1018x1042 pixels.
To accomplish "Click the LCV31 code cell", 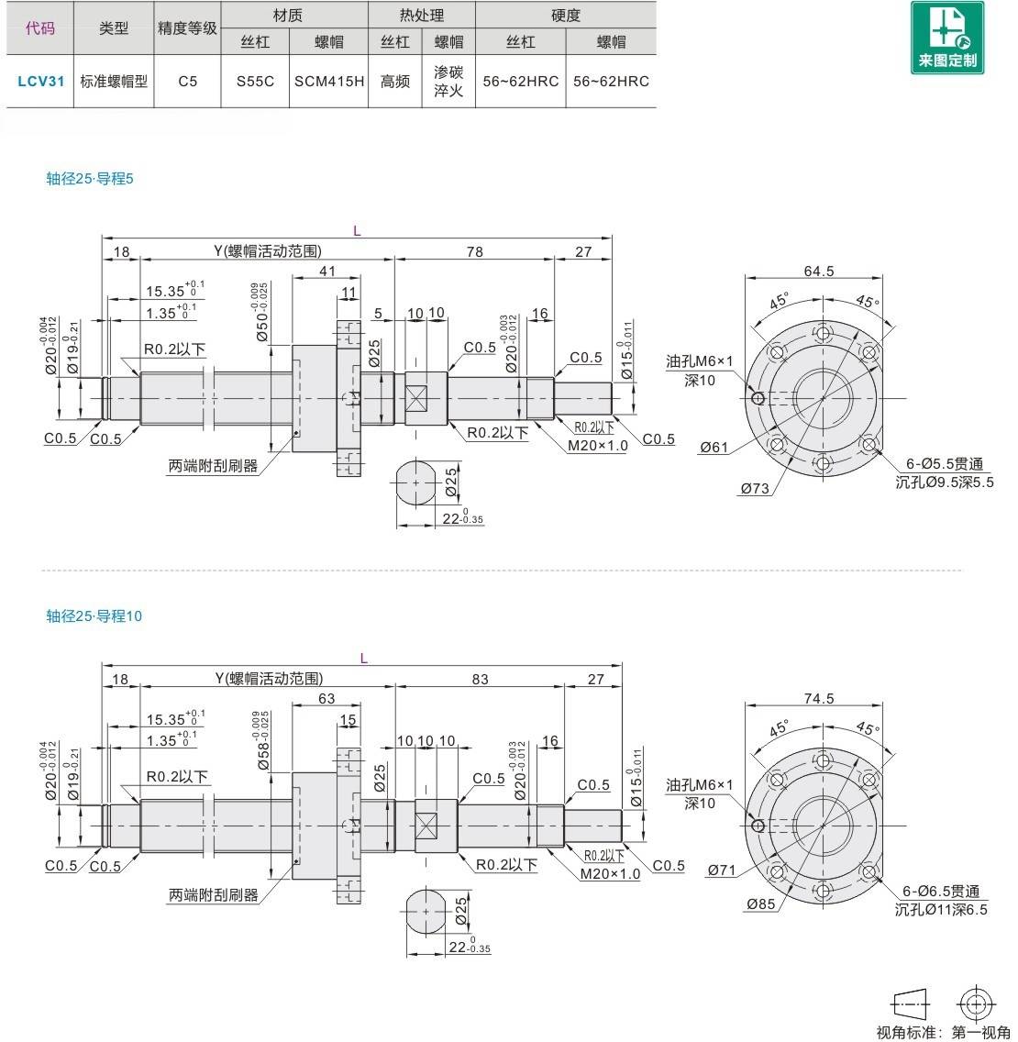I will (x=40, y=81).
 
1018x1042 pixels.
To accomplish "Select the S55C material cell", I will (x=255, y=81).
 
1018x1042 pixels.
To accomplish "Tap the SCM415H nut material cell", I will (x=329, y=81).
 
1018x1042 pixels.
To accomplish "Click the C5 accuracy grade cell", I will (x=188, y=81).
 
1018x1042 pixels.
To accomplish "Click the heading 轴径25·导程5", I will (x=90, y=179).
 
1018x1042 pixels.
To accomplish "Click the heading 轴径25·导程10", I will (x=94, y=616).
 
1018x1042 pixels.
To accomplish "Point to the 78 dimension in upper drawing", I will (x=474, y=251).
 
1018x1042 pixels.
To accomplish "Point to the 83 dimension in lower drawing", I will (x=480, y=680).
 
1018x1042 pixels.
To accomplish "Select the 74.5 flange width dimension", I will (x=818, y=699).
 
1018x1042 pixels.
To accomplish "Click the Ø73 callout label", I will (x=755, y=489).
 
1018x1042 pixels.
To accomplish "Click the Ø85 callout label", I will (x=760, y=904).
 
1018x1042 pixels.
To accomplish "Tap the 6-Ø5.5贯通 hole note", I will (x=944, y=464).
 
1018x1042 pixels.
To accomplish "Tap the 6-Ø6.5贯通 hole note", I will (x=940, y=892).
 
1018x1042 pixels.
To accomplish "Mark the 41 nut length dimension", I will (x=326, y=271).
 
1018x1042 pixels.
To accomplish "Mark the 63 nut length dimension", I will (x=326, y=699).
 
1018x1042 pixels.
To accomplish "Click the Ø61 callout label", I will (x=714, y=447).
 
